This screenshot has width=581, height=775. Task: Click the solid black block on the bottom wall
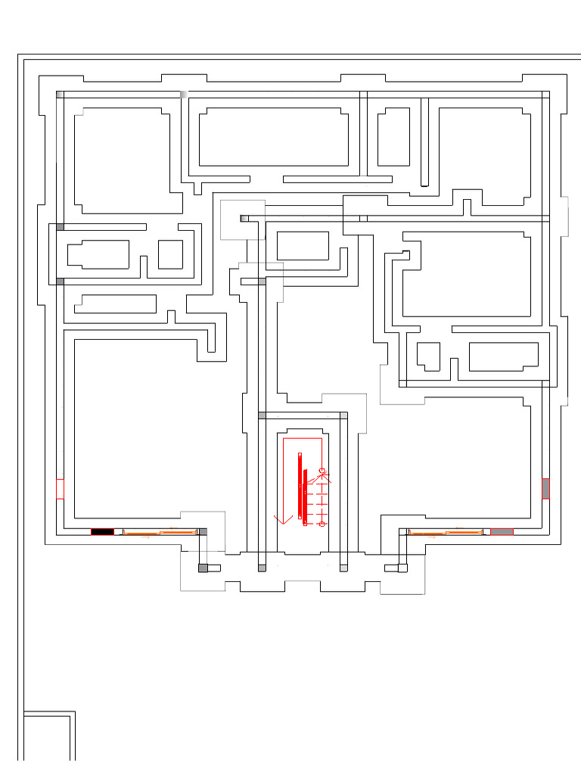coord(102,532)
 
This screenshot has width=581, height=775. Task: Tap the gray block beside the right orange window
coord(502,532)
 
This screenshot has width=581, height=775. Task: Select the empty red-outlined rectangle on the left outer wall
coord(61,489)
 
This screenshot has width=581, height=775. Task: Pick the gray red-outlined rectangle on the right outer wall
coord(545,489)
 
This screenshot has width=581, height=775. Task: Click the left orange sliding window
coord(160,533)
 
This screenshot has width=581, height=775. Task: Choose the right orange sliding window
coord(446,533)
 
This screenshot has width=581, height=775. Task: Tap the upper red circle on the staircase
coord(322,471)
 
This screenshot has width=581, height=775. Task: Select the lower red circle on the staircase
coord(322,524)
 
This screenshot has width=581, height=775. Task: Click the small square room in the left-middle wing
coord(170,254)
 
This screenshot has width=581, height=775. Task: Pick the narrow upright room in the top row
coord(393,137)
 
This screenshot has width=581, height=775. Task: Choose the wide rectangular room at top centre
coord(273,137)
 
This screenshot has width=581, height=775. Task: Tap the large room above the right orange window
coord(454,462)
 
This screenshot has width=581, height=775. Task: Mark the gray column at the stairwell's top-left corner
coord(262,416)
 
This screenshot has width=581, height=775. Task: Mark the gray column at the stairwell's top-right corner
coord(343,416)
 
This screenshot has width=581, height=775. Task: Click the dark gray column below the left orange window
coord(203,568)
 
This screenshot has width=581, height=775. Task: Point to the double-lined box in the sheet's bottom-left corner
coord(48,736)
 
